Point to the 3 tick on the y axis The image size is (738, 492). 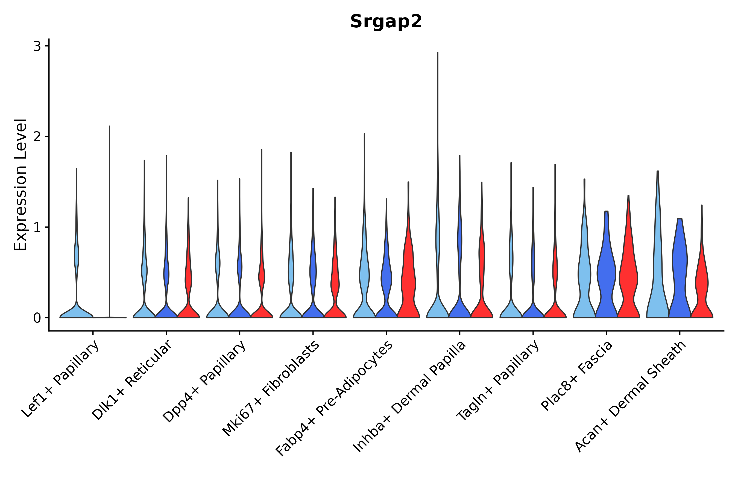[37, 46]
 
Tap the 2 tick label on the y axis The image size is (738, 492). [37, 137]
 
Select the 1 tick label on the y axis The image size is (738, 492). [37, 227]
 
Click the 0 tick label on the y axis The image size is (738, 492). [37, 318]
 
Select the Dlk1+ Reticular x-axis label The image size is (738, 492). [131, 380]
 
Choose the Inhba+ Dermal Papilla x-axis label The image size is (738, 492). [409, 397]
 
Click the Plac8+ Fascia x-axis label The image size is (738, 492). [576, 376]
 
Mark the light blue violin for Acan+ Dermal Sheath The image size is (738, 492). [658, 282]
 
